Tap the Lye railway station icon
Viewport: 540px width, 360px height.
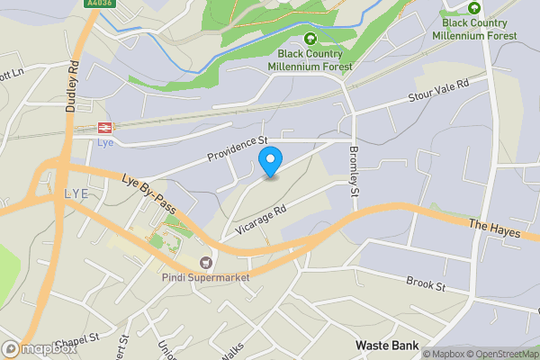coord(104,128)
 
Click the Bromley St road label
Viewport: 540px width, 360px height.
coord(354,171)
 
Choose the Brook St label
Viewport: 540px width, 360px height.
coord(426,284)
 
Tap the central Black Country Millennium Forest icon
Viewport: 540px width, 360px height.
coord(310,39)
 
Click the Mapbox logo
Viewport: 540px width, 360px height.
coord(39,349)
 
